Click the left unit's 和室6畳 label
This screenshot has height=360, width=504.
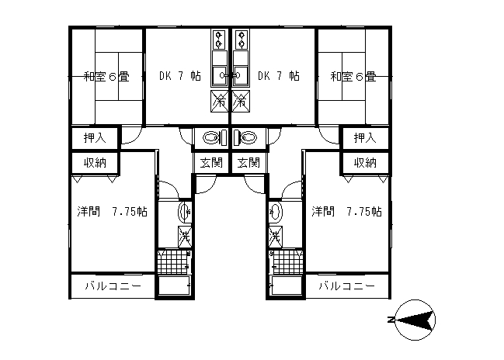click(x=106, y=77)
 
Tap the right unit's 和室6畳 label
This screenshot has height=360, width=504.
click(x=353, y=77)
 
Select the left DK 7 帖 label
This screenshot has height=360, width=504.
click(x=180, y=76)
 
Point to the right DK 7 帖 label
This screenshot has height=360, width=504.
click(x=279, y=76)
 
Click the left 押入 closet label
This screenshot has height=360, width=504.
click(x=95, y=138)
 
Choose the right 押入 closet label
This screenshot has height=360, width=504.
click(x=365, y=138)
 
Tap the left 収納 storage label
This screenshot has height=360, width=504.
click(x=95, y=163)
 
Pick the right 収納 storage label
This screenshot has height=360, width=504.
click(x=365, y=163)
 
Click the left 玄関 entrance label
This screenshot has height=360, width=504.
click(x=211, y=162)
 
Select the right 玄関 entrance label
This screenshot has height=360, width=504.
click(x=249, y=162)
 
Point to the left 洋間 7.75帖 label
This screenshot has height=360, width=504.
click(x=112, y=212)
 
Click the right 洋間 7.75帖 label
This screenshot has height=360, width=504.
click(x=346, y=212)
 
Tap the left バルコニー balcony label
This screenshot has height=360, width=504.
click(x=113, y=286)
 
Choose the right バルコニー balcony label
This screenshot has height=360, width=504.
click(x=347, y=286)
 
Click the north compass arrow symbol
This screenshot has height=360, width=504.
click(x=415, y=320)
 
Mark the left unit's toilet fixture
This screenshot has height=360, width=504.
click(x=214, y=138)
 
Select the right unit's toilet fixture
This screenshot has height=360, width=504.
click(x=245, y=138)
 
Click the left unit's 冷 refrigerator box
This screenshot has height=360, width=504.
click(x=220, y=102)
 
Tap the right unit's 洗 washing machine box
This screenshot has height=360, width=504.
click(x=276, y=237)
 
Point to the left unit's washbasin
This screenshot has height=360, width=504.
click(x=185, y=212)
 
